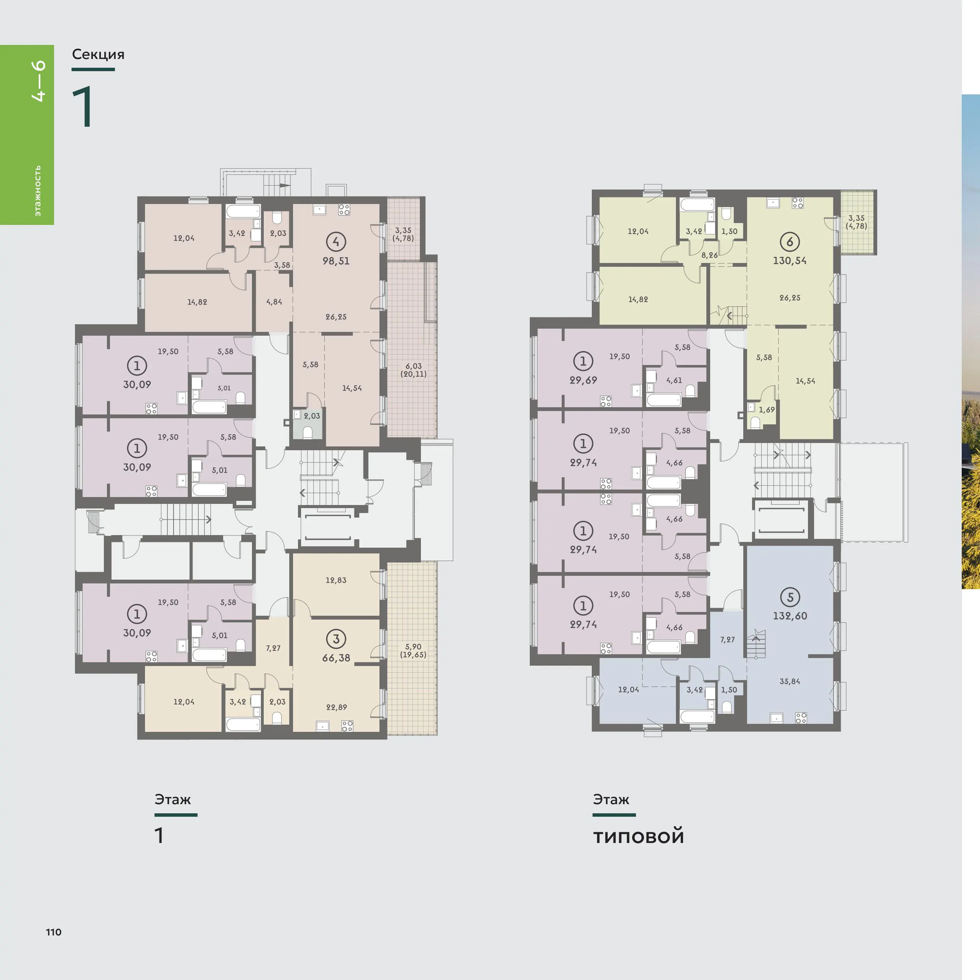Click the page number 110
point(53,932)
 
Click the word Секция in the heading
point(98,54)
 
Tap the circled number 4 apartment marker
point(336,241)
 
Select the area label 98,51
point(336,261)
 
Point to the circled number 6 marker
point(789,241)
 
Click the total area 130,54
point(789,261)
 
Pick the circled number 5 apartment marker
point(790,597)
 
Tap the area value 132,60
point(790,616)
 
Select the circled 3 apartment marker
point(336,639)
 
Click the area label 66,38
point(336,658)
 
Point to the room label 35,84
point(790,681)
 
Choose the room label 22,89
point(336,707)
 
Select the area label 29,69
point(583,380)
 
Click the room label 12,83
point(336,580)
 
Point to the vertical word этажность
point(38,191)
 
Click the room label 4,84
point(274,302)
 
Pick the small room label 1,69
point(766,410)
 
